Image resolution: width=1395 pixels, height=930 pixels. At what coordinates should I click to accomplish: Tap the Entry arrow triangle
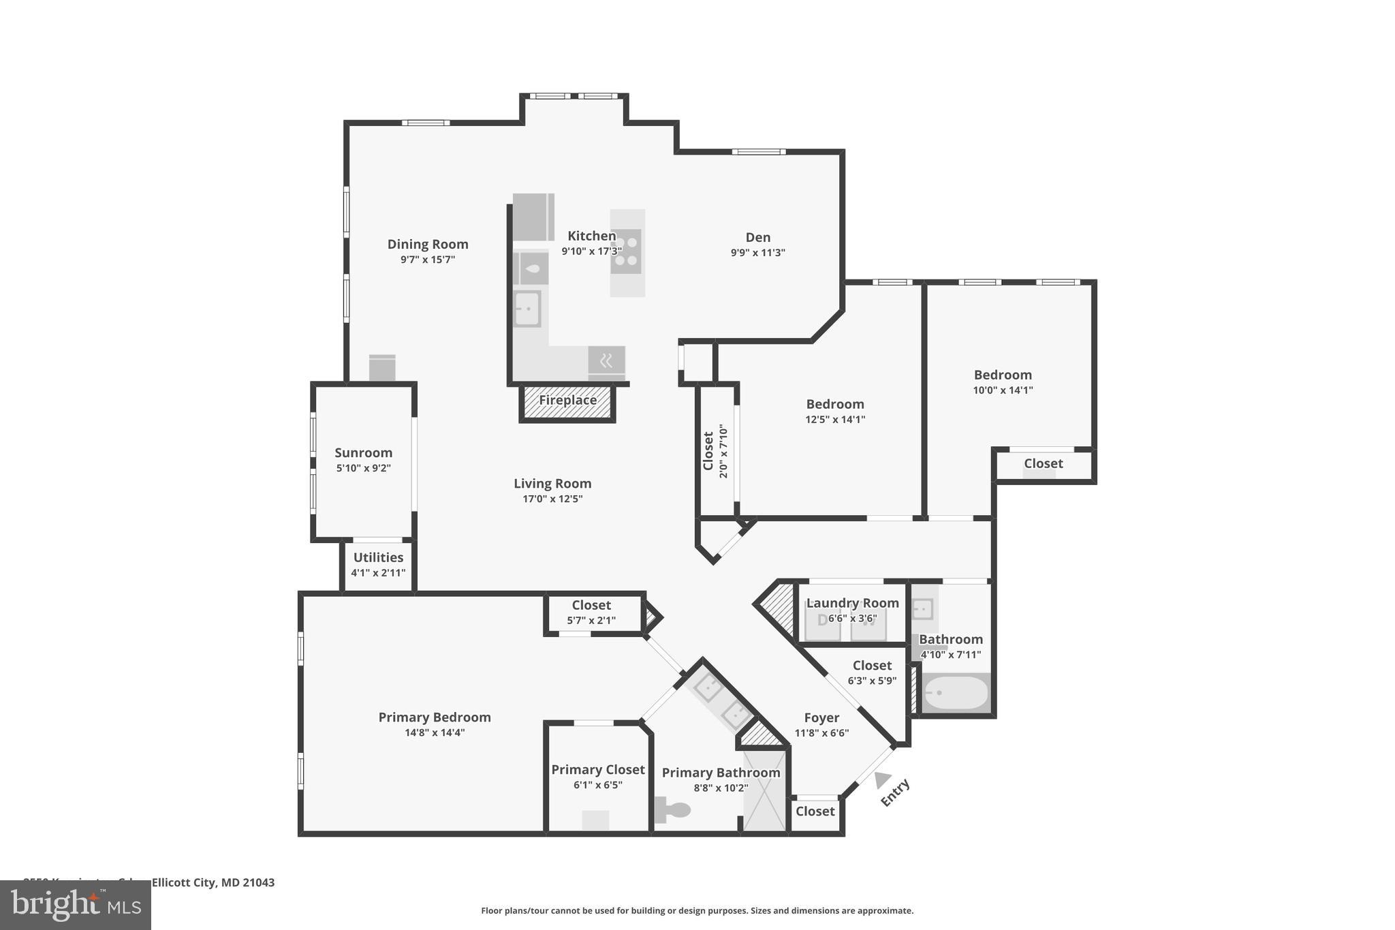[x=883, y=779]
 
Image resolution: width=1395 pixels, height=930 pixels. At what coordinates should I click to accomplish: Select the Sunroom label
[x=363, y=453]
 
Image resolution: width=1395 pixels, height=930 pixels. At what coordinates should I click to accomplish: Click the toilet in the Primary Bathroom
[x=673, y=810]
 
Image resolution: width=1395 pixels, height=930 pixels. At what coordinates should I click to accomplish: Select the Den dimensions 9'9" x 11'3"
[x=757, y=253]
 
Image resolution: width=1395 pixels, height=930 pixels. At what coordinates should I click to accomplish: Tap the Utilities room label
[x=378, y=557]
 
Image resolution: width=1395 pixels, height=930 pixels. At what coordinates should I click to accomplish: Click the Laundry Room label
[x=852, y=604]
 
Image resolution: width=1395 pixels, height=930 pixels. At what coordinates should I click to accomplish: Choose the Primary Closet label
[x=597, y=770]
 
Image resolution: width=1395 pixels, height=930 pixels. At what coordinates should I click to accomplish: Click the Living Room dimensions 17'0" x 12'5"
[x=552, y=499]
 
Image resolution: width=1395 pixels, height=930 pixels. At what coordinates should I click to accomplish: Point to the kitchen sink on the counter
[x=527, y=309]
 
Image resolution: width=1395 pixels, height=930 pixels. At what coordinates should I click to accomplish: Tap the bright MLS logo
[x=75, y=905]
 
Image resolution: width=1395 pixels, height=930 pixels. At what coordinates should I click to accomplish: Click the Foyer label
[x=821, y=718]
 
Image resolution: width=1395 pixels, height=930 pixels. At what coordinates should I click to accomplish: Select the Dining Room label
[x=428, y=245]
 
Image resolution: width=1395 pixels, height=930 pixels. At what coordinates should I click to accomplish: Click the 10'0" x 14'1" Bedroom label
[x=1003, y=375]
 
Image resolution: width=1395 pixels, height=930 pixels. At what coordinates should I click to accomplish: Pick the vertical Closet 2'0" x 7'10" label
[x=708, y=451]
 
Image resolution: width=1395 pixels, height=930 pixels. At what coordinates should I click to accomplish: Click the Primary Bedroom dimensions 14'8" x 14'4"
[x=435, y=733]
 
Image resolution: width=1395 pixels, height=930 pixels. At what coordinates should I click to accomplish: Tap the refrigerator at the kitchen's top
[x=533, y=217]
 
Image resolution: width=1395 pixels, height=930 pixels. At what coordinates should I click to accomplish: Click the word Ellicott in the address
[x=172, y=882]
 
